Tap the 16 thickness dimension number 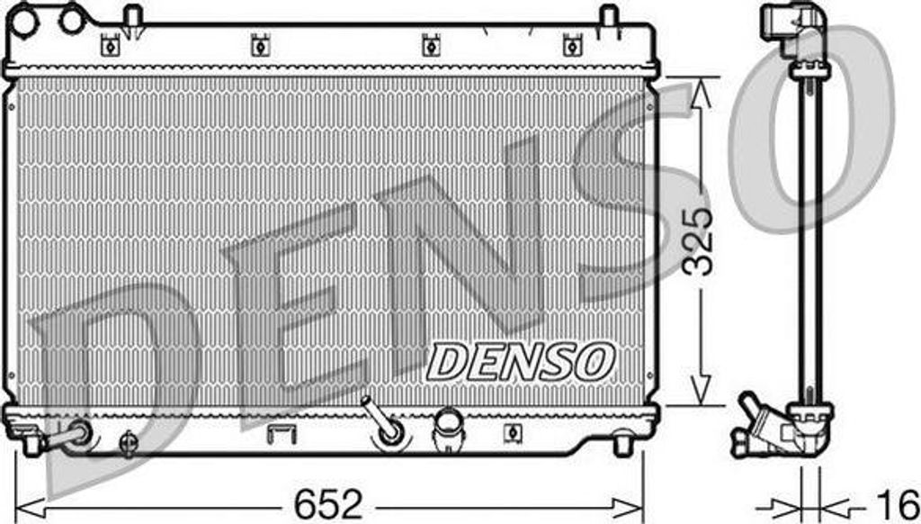pyautogui.click(x=897, y=502)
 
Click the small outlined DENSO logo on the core pyautogui.click(x=521, y=360)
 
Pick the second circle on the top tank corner pyautogui.click(x=70, y=18)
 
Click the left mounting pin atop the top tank pyautogui.click(x=133, y=19)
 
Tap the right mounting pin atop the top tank pyautogui.click(x=609, y=19)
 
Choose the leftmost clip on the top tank pyautogui.click(x=111, y=43)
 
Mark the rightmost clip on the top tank pyautogui.click(x=570, y=43)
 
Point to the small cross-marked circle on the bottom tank pyautogui.click(x=130, y=441)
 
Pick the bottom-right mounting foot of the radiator pyautogui.click(x=622, y=444)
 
